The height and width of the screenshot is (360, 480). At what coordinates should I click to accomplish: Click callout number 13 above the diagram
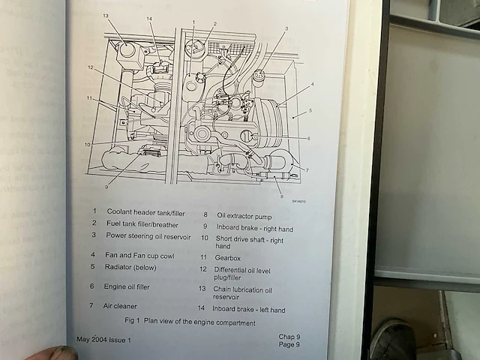pyautogui.click(x=106, y=16)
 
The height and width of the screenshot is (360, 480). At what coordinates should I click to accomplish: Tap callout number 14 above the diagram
pyautogui.click(x=149, y=19)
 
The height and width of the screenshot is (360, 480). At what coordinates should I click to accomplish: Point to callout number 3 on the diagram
pyautogui.click(x=286, y=28)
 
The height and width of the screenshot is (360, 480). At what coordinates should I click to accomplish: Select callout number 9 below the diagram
pyautogui.click(x=106, y=187)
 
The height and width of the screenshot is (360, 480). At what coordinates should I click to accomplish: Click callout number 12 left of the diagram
pyautogui.click(x=90, y=67)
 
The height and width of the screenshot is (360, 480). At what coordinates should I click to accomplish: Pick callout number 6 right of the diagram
pyautogui.click(x=308, y=138)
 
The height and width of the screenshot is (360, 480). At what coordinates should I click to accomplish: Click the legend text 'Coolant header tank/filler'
pyautogui.click(x=145, y=212)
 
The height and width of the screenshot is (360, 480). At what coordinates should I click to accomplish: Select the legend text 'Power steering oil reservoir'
pyautogui.click(x=148, y=236)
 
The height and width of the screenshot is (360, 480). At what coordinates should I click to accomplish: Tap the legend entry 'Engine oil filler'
pyautogui.click(x=127, y=286)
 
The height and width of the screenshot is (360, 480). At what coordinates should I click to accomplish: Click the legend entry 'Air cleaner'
pyautogui.click(x=120, y=306)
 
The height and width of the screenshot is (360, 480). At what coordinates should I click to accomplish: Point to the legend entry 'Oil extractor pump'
pyautogui.click(x=244, y=217)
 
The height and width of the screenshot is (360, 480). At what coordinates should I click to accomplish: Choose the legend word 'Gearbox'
pyautogui.click(x=227, y=258)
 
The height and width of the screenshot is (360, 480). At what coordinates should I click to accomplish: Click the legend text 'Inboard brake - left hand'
pyautogui.click(x=248, y=310)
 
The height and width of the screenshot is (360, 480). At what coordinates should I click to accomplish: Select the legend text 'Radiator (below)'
pyautogui.click(x=130, y=267)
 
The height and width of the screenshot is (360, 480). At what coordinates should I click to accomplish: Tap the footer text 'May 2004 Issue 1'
pyautogui.click(x=103, y=340)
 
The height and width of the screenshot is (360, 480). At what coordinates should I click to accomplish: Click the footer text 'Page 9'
pyautogui.click(x=289, y=344)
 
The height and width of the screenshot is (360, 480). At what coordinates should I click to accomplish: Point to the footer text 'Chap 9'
pyautogui.click(x=289, y=337)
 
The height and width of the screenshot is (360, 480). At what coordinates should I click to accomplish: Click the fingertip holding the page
pyautogui.click(x=55, y=353)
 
